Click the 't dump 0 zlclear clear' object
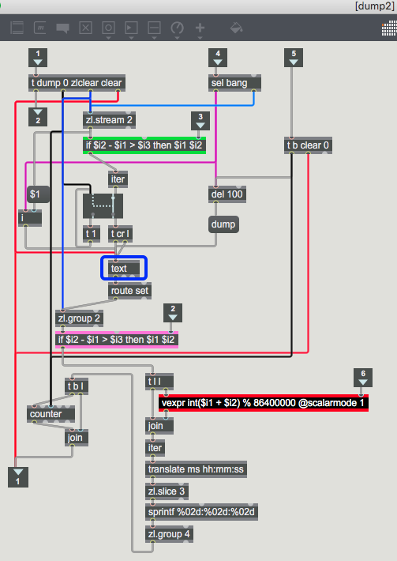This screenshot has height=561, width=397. tap(77, 83)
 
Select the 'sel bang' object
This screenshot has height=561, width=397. tap(234, 83)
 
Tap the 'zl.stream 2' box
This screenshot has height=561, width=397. tap(109, 120)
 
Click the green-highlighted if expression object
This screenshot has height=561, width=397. tap(144, 145)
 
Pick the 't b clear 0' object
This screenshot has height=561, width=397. tap(308, 145)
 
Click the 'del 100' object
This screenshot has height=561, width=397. tap(227, 194)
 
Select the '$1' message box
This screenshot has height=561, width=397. tap(38, 194)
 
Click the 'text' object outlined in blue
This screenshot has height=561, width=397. tap(124, 268)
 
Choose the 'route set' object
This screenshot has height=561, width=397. tap(129, 291)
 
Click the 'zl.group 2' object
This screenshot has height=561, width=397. tap(80, 318)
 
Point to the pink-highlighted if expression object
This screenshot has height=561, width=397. tap(117, 340)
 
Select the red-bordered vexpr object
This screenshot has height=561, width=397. tap(264, 403)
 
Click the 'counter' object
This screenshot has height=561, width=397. tap(51, 414)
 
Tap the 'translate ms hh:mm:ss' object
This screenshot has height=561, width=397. tap(197, 469)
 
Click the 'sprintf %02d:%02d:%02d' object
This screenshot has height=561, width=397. tap(201, 512)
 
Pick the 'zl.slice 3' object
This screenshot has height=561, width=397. tap(167, 491)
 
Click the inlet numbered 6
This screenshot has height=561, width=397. tap(363, 378)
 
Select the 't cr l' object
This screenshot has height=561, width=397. tap(121, 234)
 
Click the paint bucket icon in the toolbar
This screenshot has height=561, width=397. tap(236, 28)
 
